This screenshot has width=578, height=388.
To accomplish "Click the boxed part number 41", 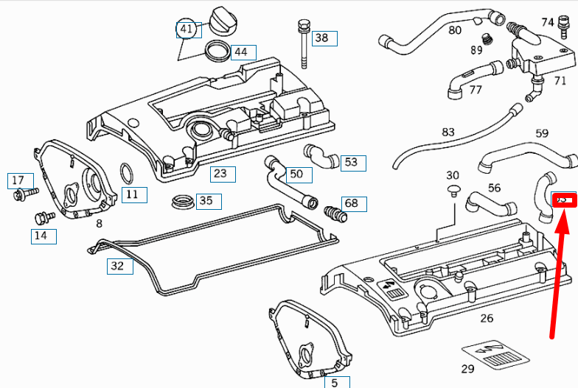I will pyautogui.click(x=187, y=29).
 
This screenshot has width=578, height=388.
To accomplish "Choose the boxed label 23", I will pyautogui.click(x=220, y=174).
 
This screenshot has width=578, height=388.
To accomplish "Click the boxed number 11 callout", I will pyautogui.click(x=132, y=195).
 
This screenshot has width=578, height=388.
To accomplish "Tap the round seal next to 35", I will pyautogui.click(x=181, y=201).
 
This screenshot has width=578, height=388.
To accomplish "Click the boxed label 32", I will pyautogui.click(x=117, y=266).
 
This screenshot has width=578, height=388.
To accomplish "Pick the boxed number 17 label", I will pyautogui.click(x=18, y=180).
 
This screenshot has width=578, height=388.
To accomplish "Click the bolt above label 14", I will pyautogui.click(x=43, y=218).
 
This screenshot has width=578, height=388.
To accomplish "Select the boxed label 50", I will pyautogui.click(x=296, y=174).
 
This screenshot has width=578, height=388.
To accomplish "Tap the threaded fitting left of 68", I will pyautogui.click(x=335, y=214).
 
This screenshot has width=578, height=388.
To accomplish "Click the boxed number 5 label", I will pyautogui.click(x=334, y=383).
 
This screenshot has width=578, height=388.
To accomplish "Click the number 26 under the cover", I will pyautogui.click(x=487, y=319).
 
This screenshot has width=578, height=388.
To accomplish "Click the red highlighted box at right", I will pyautogui.click(x=563, y=200).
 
